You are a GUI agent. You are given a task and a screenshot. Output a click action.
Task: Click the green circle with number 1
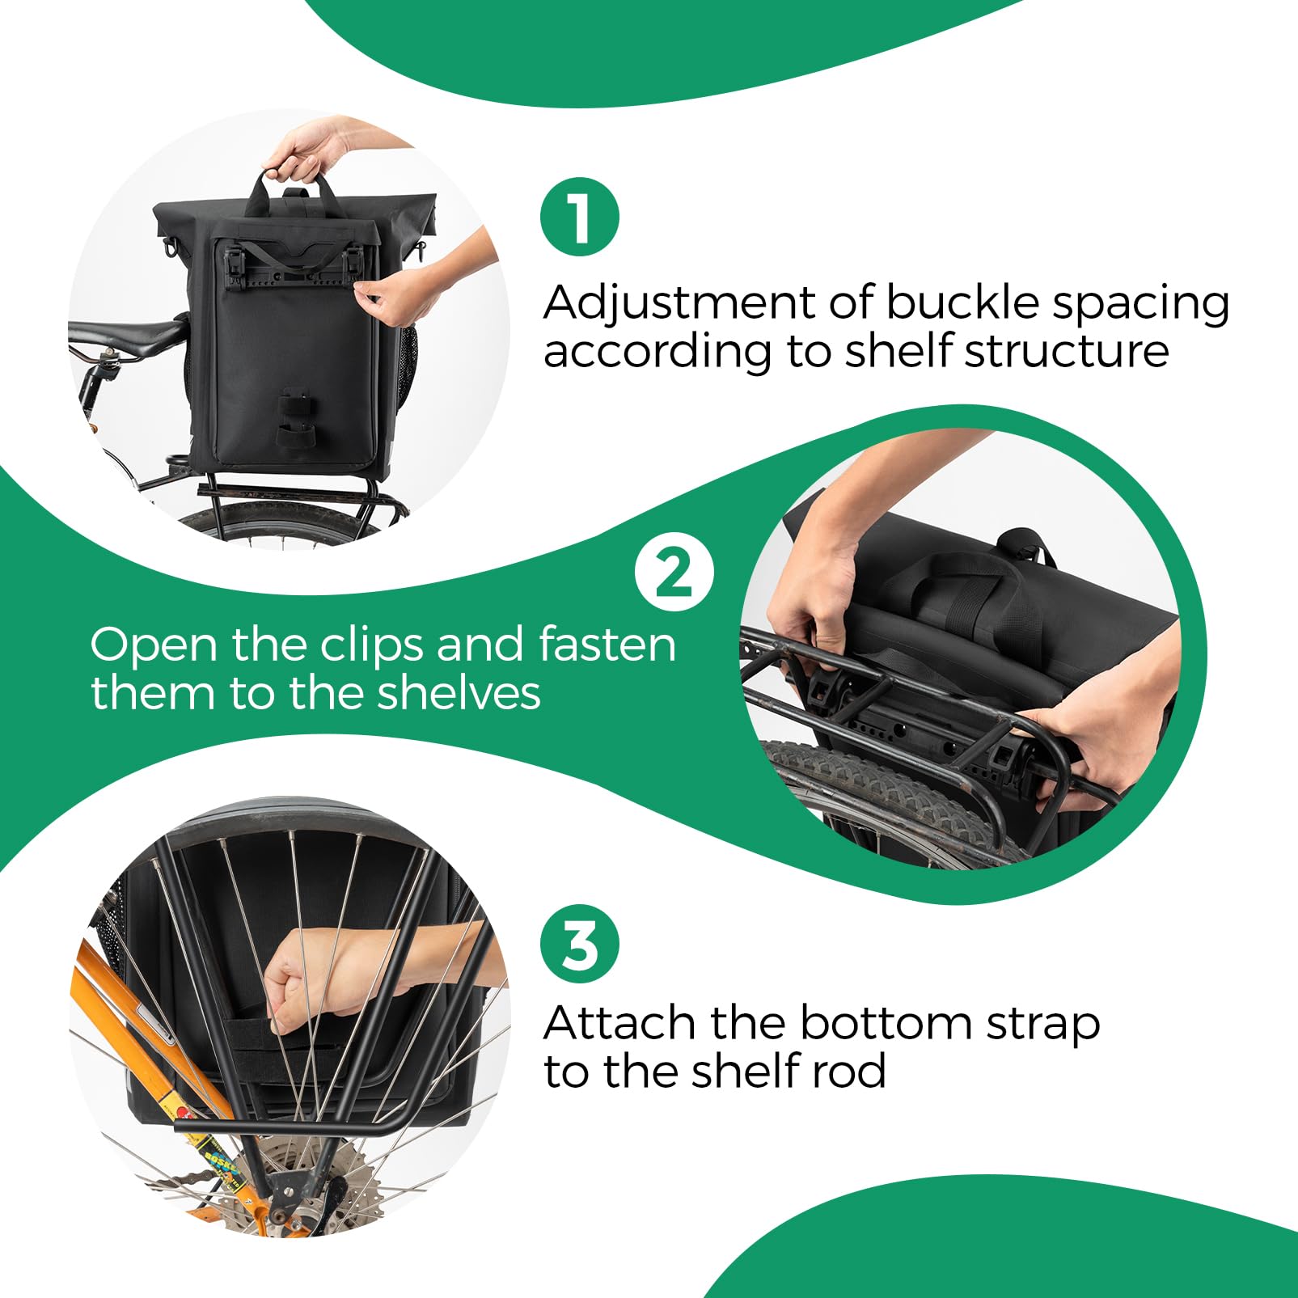579,217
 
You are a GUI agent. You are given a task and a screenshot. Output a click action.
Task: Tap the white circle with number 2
674,572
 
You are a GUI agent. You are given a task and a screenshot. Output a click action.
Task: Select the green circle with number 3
579,943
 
